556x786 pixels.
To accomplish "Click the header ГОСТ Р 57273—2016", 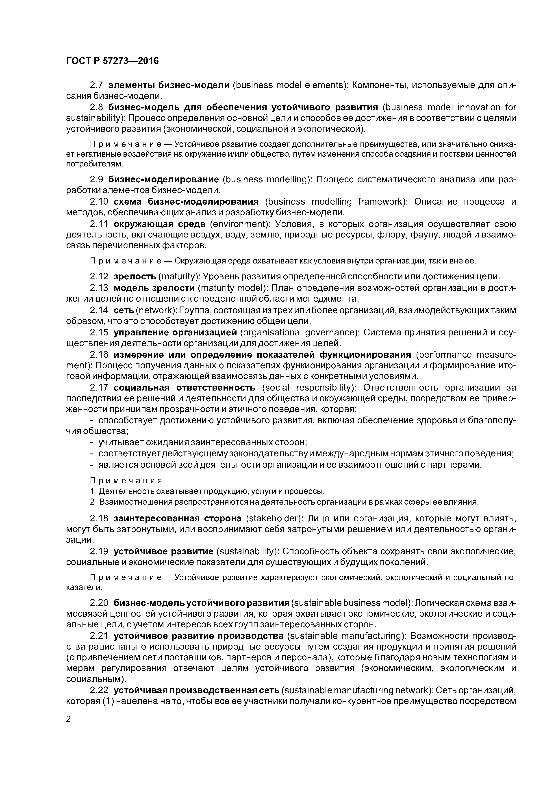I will pyautogui.click(x=112, y=61).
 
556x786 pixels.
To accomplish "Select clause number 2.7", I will pyautogui.click(x=97, y=85).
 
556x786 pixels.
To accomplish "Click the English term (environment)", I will pyautogui.click(x=239, y=224).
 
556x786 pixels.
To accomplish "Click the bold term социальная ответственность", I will pyautogui.click(x=185, y=388).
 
